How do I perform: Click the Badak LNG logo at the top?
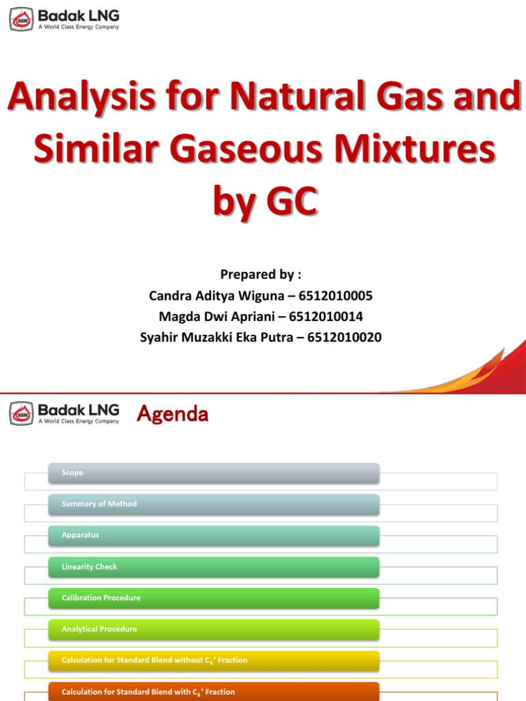coord(64,18)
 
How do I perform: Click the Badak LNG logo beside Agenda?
coord(64,413)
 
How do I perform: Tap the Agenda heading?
coord(173,414)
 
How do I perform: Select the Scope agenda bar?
coord(214,473)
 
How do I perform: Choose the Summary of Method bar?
coord(214,504)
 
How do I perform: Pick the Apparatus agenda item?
coord(214,535)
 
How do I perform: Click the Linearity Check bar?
coord(214,567)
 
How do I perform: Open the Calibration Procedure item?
coord(214,598)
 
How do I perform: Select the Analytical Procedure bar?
coord(214,629)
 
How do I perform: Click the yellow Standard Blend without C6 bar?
coord(214,661)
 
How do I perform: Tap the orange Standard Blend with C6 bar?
coord(214,691)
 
